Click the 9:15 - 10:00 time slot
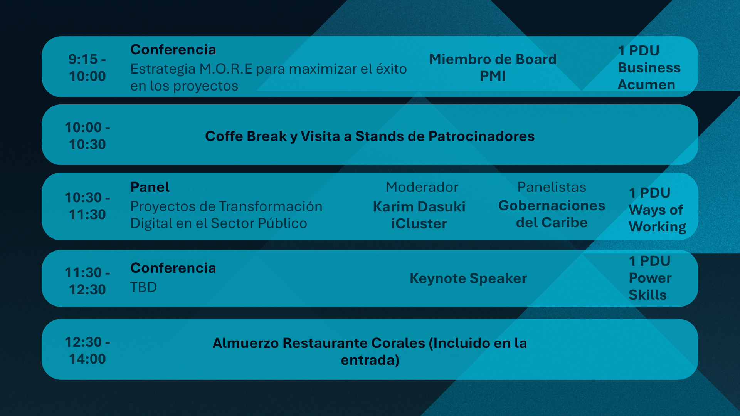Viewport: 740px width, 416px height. [87, 68]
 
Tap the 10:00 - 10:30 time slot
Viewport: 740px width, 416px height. [87, 136]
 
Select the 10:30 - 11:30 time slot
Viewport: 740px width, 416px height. [87, 206]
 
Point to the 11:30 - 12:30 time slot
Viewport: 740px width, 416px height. [87, 281]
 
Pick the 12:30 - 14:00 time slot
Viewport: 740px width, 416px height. [87, 351]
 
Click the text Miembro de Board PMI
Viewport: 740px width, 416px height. [493, 68]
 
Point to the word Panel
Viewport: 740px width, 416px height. [150, 187]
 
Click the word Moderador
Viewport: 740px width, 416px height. [422, 187]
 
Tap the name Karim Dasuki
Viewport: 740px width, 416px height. [419, 207]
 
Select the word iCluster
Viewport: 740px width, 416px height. [419, 224]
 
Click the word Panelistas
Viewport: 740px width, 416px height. [552, 187]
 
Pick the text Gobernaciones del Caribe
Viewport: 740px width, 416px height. [552, 214]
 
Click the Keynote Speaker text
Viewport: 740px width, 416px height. [468, 278]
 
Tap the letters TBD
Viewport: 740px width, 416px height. [143, 287]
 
